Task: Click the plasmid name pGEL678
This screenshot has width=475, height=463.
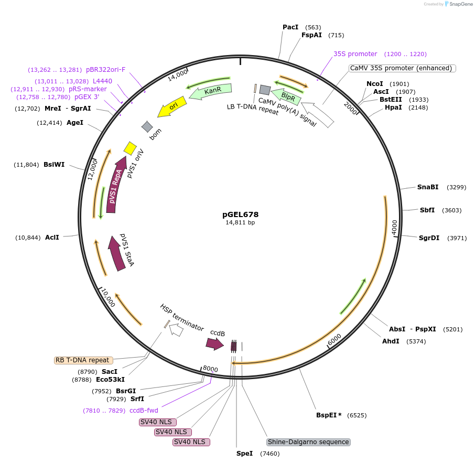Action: [x=240, y=214]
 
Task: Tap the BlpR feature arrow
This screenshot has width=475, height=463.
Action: [x=288, y=97]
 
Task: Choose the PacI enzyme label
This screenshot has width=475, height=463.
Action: [x=290, y=27]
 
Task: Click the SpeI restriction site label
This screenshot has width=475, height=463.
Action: [x=244, y=453]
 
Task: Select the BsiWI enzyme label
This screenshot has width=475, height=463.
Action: [x=54, y=165]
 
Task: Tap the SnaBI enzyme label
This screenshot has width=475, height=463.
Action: [x=428, y=187]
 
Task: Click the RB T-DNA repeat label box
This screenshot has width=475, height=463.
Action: [x=83, y=360]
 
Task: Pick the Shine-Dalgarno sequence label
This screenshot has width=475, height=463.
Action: [x=308, y=442]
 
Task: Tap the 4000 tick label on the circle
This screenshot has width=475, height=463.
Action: [x=394, y=227]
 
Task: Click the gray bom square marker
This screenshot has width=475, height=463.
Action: [x=147, y=126]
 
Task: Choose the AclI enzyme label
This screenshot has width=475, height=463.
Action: [x=52, y=238]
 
